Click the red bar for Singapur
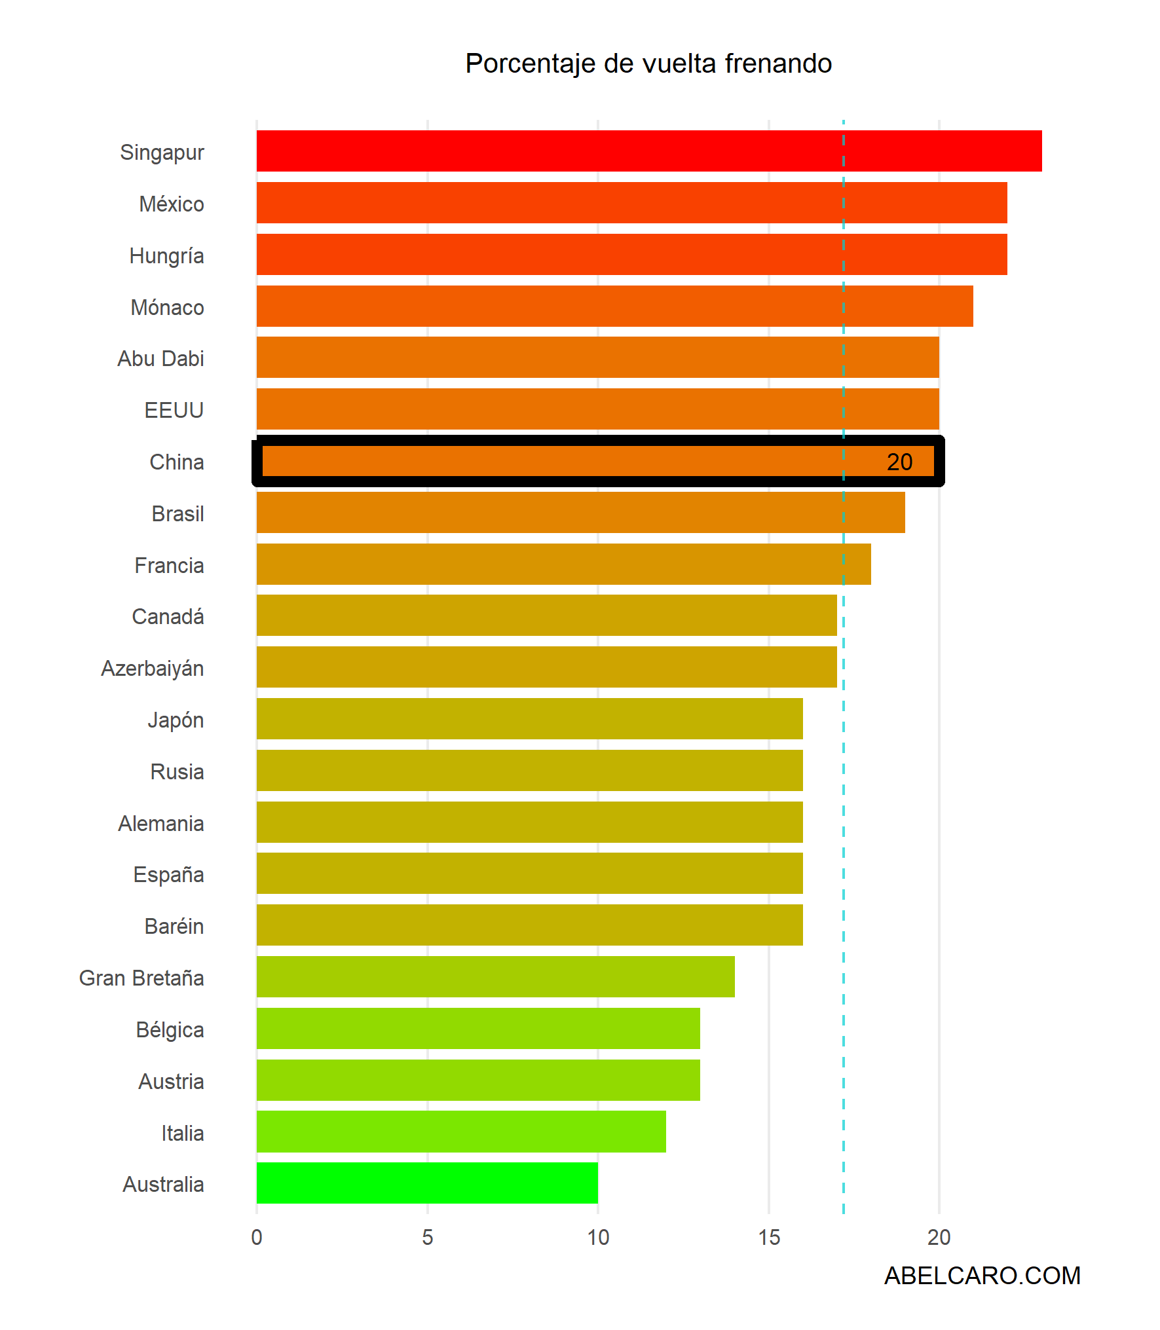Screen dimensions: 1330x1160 648,151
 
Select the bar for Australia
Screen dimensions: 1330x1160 427,1183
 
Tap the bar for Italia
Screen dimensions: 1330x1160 461,1132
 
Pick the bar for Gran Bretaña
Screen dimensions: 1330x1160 495,976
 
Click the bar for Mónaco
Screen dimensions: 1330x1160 614,306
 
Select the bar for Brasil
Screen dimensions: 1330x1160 580,513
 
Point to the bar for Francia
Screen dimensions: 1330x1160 563,564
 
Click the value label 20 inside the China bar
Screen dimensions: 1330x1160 899,462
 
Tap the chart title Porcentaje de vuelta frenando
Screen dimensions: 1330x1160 648,64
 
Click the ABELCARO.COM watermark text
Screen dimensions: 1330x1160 982,1276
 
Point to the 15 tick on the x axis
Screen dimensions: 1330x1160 768,1237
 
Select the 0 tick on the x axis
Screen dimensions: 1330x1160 257,1237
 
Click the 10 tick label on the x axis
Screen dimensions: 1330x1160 598,1237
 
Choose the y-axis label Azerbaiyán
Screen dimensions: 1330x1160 153,669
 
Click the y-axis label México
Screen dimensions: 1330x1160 172,204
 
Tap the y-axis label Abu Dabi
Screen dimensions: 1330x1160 161,359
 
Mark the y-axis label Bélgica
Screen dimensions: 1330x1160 170,1030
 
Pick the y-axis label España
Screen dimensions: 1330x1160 169,875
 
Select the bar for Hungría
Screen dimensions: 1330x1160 631,254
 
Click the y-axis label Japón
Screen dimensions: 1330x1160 176,720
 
